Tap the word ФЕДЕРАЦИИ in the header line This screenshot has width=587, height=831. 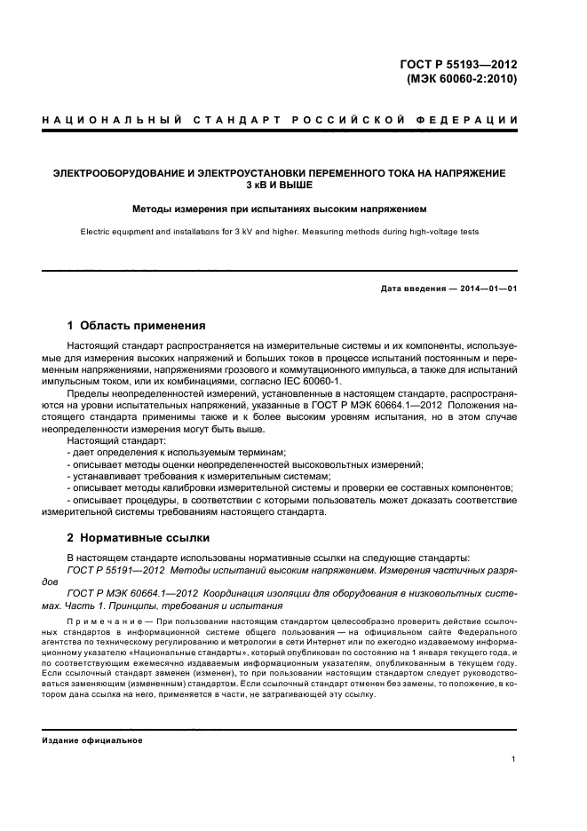(466, 120)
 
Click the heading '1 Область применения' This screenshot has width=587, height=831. (137, 326)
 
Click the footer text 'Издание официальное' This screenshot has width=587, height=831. (93, 740)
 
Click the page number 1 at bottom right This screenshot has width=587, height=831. (513, 758)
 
